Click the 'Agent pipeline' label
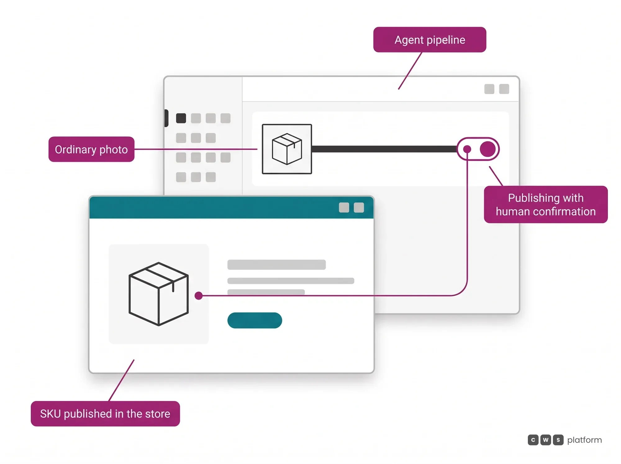(x=430, y=40)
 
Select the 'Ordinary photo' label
(x=91, y=149)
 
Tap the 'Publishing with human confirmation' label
(x=546, y=204)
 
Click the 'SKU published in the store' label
(x=105, y=414)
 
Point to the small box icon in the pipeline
(x=287, y=149)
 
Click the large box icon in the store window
(x=159, y=294)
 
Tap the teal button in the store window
(x=255, y=320)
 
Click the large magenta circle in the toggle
(x=488, y=149)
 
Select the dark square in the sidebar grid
(x=181, y=118)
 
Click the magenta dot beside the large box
(x=199, y=296)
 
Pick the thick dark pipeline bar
(x=384, y=149)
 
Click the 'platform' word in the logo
(x=584, y=440)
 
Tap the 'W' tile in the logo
(x=546, y=440)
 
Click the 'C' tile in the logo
(x=533, y=440)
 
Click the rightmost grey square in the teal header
(x=359, y=207)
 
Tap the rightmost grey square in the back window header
(x=504, y=89)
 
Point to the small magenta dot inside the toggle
(x=467, y=149)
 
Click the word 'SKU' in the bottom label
(x=50, y=414)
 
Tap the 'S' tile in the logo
(x=558, y=440)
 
